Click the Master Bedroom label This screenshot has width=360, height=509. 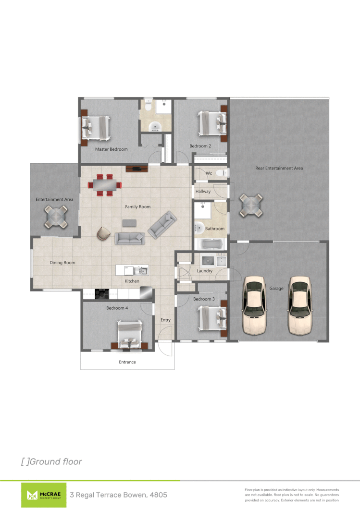[x=111, y=149]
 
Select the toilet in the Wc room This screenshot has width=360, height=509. [x=221, y=173]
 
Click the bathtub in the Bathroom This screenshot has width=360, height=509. [x=211, y=244]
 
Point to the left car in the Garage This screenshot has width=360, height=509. [x=254, y=305]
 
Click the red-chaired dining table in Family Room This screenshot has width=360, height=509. [x=104, y=185]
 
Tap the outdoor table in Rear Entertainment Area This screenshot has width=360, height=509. [x=252, y=205]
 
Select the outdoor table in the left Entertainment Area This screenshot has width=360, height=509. [x=56, y=217]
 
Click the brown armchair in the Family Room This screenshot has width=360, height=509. [x=103, y=233]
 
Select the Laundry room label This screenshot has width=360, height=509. [x=205, y=271]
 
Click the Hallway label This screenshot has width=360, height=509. [x=203, y=192]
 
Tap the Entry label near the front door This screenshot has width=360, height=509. [x=165, y=320]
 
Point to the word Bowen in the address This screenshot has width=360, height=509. [x=135, y=495]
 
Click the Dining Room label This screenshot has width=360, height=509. [x=62, y=263]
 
